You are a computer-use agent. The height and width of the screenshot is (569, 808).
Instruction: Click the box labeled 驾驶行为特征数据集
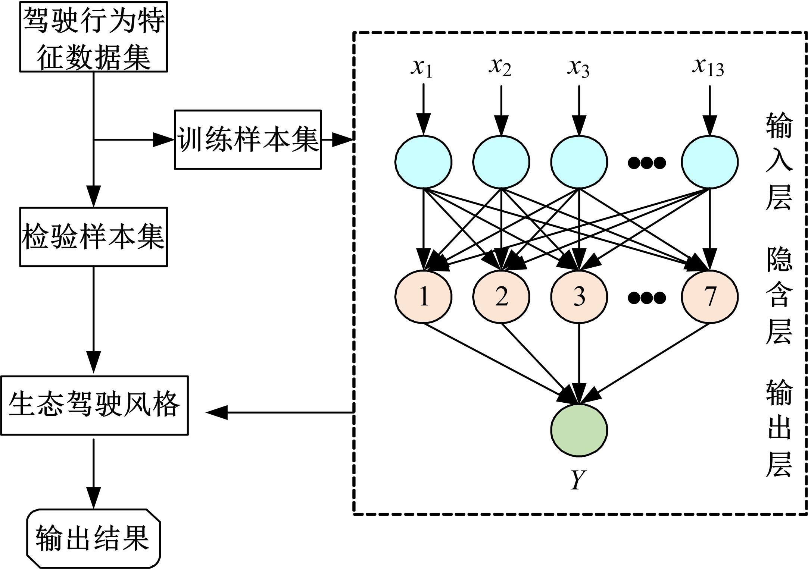point(93,37)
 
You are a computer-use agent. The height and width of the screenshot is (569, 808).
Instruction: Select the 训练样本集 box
point(248,139)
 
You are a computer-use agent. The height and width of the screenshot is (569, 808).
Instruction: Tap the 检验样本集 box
point(93,237)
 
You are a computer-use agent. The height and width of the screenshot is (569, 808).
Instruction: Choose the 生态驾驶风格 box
point(94,405)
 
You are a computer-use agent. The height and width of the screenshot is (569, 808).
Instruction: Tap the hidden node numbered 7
point(709,297)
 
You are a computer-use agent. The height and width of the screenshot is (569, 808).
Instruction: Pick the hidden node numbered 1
point(424,297)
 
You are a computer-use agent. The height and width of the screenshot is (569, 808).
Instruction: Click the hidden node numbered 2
point(501,297)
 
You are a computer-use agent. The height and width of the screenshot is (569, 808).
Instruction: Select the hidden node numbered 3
point(579,297)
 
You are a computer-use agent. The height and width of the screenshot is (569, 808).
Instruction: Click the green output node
point(579,430)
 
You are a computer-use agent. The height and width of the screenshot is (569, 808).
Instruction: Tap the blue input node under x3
point(579,162)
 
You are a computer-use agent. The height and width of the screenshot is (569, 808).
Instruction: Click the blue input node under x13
point(709,162)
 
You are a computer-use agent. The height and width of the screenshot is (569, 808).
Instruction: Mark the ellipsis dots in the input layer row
point(647,163)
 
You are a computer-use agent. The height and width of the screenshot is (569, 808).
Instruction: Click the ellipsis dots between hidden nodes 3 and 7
point(647,298)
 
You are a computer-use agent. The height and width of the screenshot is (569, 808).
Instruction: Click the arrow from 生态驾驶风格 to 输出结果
point(93,474)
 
